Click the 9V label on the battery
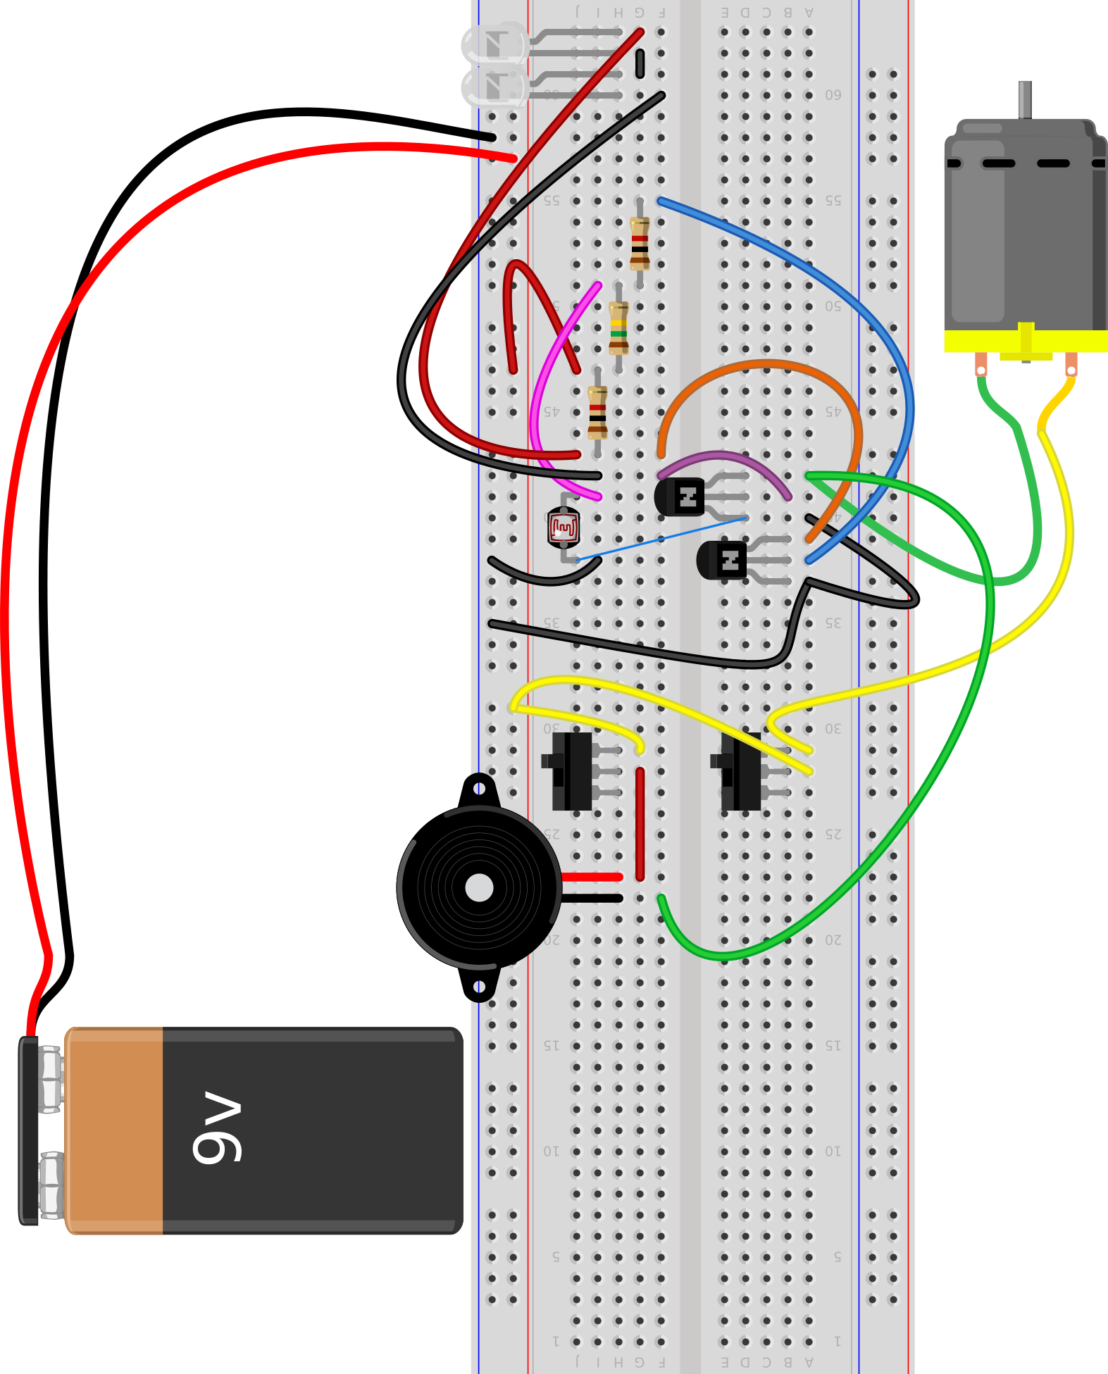(x=217, y=1127)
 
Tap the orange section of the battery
(x=114, y=1130)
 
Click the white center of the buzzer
(x=480, y=887)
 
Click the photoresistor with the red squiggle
(x=564, y=527)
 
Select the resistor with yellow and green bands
(x=618, y=327)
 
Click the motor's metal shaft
(x=1025, y=99)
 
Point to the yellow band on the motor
(x=972, y=342)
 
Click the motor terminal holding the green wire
(x=981, y=366)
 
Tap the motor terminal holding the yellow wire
(x=1071, y=366)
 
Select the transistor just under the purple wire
(x=680, y=496)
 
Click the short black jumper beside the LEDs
(x=640, y=63)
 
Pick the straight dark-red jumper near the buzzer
(x=640, y=824)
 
